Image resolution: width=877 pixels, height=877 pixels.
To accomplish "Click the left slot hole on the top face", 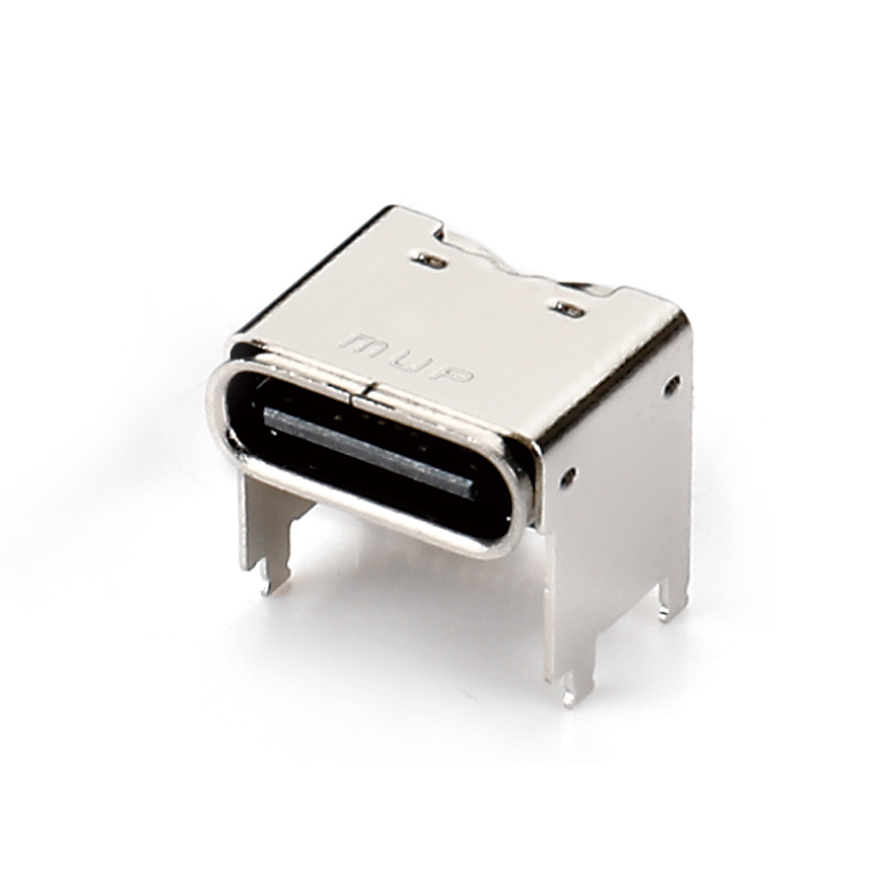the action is point(429,260).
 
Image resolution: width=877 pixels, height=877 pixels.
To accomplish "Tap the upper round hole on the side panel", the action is point(672,384).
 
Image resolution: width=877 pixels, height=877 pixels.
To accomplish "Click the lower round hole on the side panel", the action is point(568,476).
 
